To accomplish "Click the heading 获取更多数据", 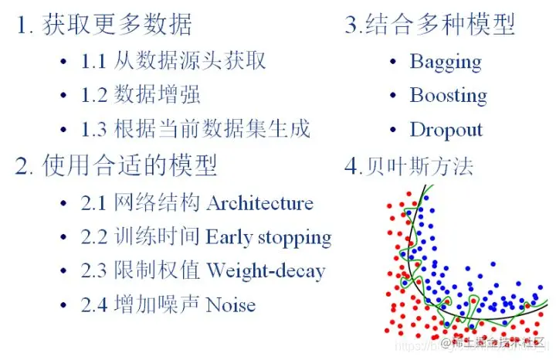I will pyautogui.click(x=117, y=25).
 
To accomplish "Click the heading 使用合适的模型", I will pyautogui.click(x=130, y=165).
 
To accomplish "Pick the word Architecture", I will pyautogui.click(x=260, y=203).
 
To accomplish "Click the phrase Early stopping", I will pyautogui.click(x=268, y=237).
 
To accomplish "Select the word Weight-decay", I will pyautogui.click(x=265, y=271).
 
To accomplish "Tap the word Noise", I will pyautogui.click(x=230, y=304).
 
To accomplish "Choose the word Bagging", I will pyautogui.click(x=446, y=61).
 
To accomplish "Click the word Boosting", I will pyautogui.click(x=448, y=95).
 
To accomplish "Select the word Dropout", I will pyautogui.click(x=446, y=129).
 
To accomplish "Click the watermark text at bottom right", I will pyautogui.click(x=494, y=342).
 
